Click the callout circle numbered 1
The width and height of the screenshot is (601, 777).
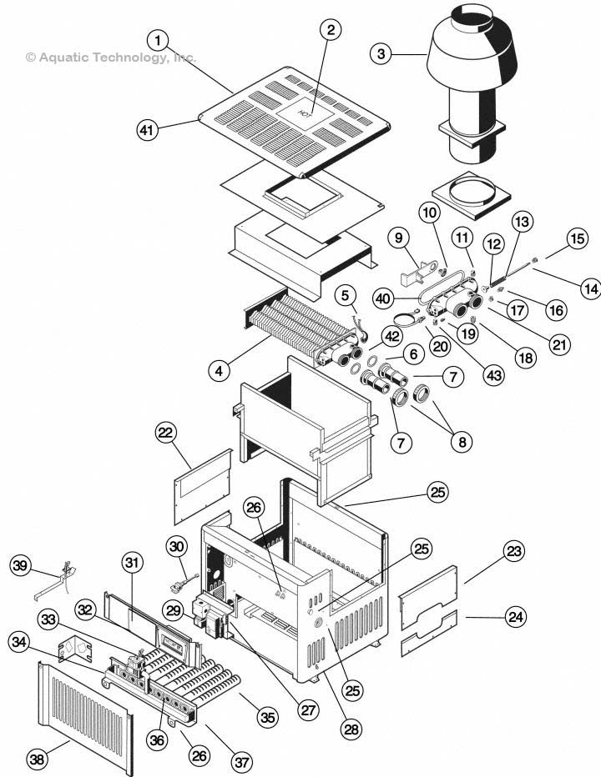click(x=159, y=40)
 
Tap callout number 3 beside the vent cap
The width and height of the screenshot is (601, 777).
click(x=382, y=54)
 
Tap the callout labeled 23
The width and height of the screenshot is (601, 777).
click(x=515, y=551)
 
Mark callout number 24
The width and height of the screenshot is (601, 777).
click(x=515, y=618)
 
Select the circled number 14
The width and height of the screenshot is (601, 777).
click(x=589, y=289)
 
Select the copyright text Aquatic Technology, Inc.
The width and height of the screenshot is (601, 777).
click(x=110, y=58)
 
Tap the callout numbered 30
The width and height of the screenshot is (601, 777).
click(x=175, y=547)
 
